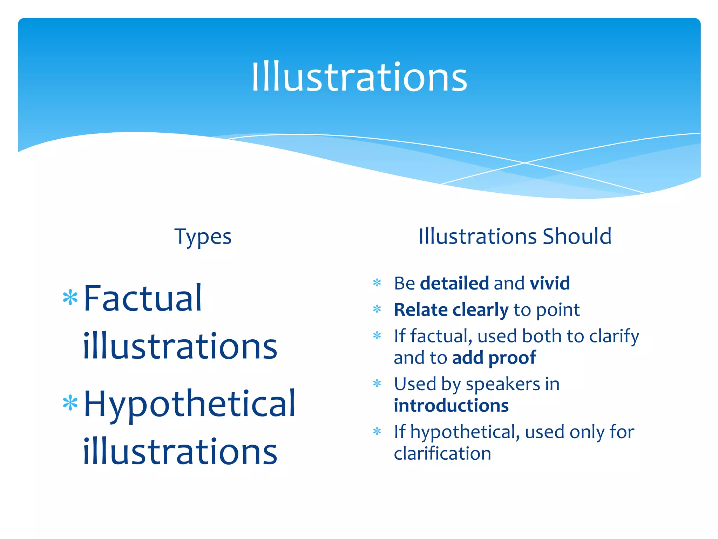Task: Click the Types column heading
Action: (x=203, y=237)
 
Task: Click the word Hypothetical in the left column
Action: (x=190, y=404)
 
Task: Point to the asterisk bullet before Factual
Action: (x=70, y=298)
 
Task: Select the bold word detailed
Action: (x=454, y=283)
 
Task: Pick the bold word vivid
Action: (x=550, y=283)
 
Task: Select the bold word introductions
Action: (x=451, y=406)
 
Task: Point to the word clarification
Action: (x=442, y=453)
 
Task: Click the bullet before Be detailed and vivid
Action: (x=377, y=282)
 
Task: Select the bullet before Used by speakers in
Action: (x=377, y=383)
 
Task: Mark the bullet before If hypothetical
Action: (x=377, y=431)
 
